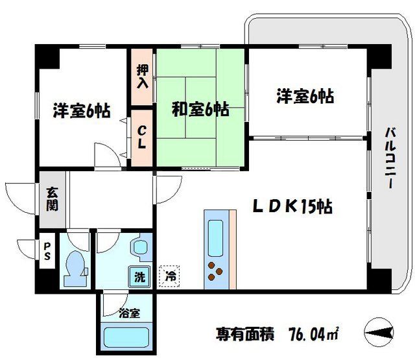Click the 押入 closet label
(142, 76)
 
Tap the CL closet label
(142, 136)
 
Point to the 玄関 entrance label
(52, 199)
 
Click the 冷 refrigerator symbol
(170, 276)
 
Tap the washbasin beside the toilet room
(139, 247)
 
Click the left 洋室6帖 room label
(81, 110)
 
